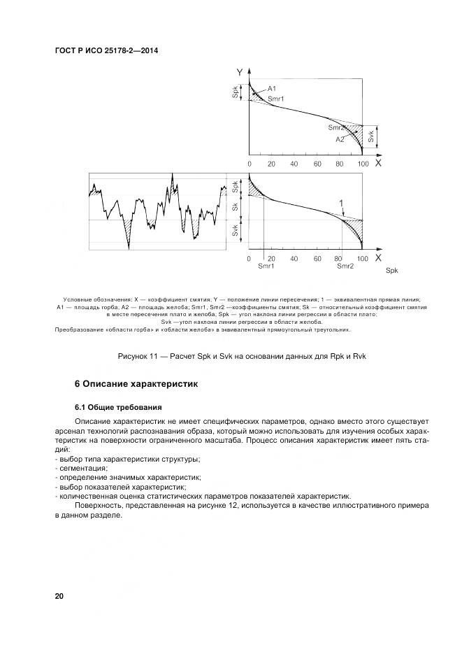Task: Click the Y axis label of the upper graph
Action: pos(239,72)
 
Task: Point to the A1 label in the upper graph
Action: pos(272,88)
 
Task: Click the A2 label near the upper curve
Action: pos(340,139)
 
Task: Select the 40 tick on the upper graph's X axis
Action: pos(294,164)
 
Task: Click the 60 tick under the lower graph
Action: pos(317,258)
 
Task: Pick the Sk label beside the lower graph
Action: pos(235,207)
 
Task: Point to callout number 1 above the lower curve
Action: pos(342,203)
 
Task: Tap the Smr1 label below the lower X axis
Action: pos(266,266)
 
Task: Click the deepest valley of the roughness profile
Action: pos(129,247)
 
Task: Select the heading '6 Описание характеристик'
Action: pos(137,383)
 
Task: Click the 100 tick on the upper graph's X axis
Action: pos(362,164)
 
